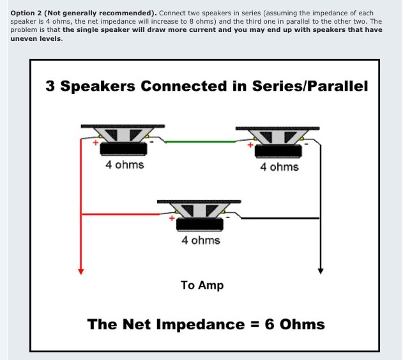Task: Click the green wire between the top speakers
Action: [x=201, y=141]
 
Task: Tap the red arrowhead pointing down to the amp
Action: [x=80, y=272]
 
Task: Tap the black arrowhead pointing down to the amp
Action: [x=321, y=271]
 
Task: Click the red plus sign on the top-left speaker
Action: [x=96, y=143]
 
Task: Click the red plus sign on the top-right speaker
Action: [x=250, y=145]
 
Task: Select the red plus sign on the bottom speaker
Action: [x=172, y=218]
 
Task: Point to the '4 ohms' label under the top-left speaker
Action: [x=125, y=165]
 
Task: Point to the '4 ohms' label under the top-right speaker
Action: [x=279, y=167]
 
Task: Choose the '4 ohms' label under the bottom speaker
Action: [x=201, y=240]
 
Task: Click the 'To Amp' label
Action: [x=202, y=285]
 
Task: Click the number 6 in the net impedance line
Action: [x=270, y=324]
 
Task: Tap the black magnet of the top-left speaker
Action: [x=123, y=149]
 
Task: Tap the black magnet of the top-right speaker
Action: [x=278, y=151]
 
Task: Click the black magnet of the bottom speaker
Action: [x=200, y=224]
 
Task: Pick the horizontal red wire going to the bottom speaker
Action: [x=120, y=214]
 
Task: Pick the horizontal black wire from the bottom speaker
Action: [x=280, y=218]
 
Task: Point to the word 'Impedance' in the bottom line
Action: [x=200, y=324]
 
